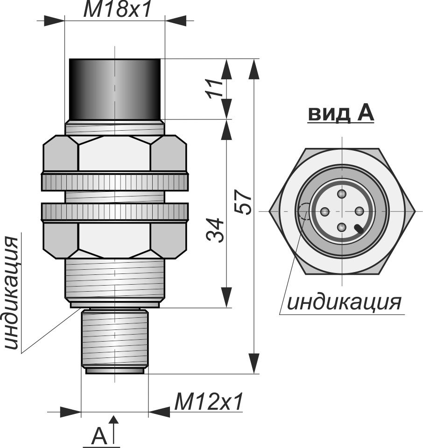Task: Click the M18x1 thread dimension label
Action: click(118, 10)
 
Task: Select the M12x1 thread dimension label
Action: click(209, 402)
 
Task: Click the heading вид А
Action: click(341, 113)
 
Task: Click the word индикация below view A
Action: click(344, 302)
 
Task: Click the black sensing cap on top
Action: click(114, 89)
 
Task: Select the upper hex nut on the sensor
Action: click(114, 153)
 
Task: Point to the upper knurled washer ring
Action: click(114, 182)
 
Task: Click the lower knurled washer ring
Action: click(114, 211)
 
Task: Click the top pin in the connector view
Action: click(342, 194)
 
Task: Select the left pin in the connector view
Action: click(325, 211)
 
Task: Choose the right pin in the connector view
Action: click(359, 211)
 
